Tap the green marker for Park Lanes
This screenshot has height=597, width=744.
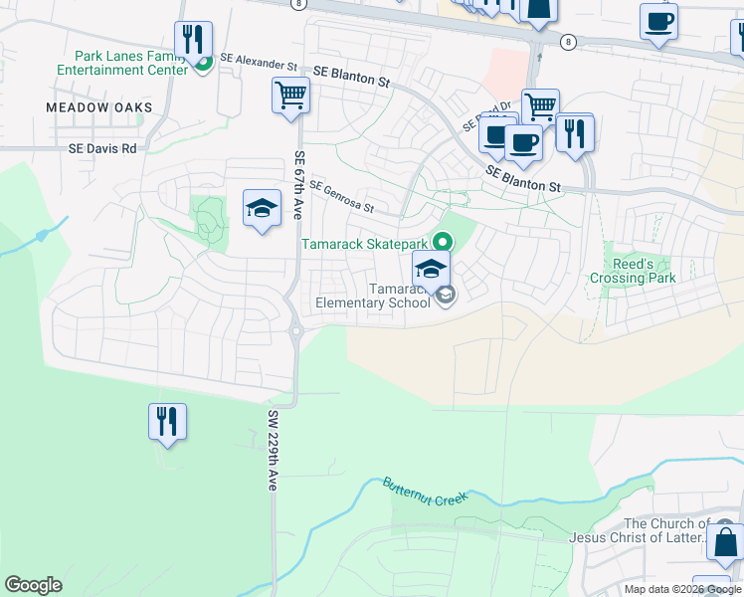click(x=202, y=65)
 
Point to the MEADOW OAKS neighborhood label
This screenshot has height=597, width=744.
click(x=99, y=107)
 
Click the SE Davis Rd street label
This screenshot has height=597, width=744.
click(x=101, y=148)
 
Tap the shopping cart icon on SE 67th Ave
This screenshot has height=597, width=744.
click(x=291, y=97)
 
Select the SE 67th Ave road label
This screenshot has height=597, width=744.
click(x=297, y=185)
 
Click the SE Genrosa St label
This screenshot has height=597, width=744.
click(x=341, y=197)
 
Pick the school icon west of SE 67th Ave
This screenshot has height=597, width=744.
click(x=262, y=208)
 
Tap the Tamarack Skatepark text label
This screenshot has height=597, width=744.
click(x=365, y=244)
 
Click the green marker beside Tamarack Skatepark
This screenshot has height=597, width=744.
click(x=442, y=242)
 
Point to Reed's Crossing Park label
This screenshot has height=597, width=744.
click(x=633, y=271)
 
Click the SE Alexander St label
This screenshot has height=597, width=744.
click(x=260, y=61)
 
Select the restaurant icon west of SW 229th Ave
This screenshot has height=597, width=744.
click(x=166, y=421)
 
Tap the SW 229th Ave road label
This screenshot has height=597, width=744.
click(x=272, y=449)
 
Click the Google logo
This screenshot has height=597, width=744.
click(x=33, y=585)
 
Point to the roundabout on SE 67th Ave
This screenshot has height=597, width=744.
click(x=294, y=331)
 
